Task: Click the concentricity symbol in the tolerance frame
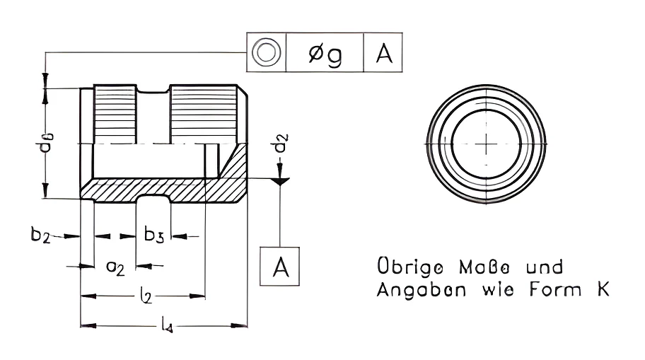click(x=266, y=52)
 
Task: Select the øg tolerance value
click(x=325, y=54)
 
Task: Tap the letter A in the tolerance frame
click(x=384, y=53)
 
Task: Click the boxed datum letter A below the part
click(x=281, y=267)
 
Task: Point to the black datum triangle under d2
click(x=280, y=182)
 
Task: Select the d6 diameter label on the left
click(x=47, y=143)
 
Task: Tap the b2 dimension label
click(x=40, y=235)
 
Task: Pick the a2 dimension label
click(x=115, y=268)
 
